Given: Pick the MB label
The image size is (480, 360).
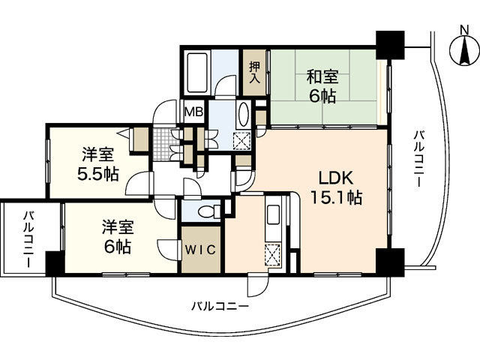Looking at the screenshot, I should coord(193,112).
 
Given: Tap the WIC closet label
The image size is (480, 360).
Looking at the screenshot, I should coord(201,250).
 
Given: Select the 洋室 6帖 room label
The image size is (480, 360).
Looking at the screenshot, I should coord(117,235).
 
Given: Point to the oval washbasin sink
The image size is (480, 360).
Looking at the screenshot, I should coord(244,115).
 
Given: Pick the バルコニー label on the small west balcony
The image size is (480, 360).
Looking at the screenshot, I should coord(28,235).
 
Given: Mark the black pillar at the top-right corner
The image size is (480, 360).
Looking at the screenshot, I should coord(389,44).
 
